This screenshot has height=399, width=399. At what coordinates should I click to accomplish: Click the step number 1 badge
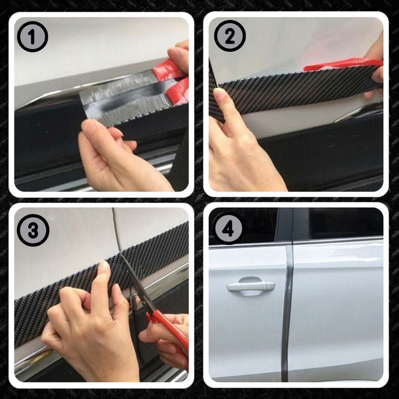click(x=33, y=37)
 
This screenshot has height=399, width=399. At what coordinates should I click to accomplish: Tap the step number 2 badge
click(x=230, y=36)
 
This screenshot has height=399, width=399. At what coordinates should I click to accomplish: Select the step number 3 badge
click(x=33, y=230)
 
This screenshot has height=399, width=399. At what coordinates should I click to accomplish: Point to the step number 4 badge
click(x=228, y=228)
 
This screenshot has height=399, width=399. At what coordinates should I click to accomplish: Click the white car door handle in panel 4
click(x=250, y=287)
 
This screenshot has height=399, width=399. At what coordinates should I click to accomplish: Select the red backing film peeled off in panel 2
click(x=343, y=64)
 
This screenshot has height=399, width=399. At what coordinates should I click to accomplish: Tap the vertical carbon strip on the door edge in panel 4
click(x=288, y=313)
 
